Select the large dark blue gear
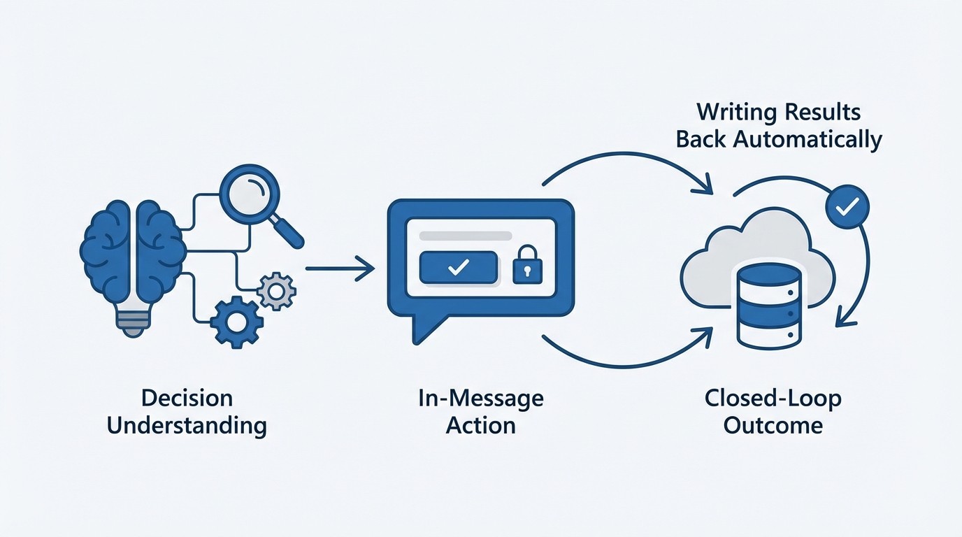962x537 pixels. coord(236,322)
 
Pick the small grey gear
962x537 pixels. coord(277,291)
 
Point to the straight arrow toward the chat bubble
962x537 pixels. coord(340,268)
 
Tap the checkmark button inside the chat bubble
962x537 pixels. coord(458,268)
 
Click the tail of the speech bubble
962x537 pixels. coord(422,328)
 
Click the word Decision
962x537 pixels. coord(187,399)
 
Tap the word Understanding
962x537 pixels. coord(187,425)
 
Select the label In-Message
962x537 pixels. coord(480,399)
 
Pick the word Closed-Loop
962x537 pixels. coord(773,399)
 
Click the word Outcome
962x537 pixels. coord(773,425)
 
